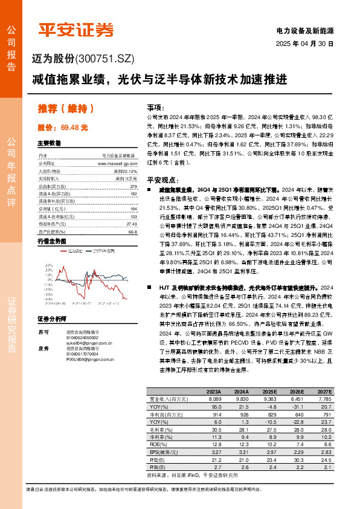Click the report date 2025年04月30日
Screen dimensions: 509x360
304,44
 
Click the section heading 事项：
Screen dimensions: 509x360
156,106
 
